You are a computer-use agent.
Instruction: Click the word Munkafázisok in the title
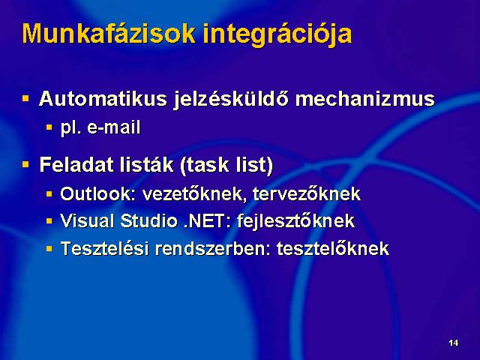click(x=109, y=33)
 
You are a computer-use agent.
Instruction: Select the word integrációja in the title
click(x=277, y=35)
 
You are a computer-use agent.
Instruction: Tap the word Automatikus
click(x=103, y=98)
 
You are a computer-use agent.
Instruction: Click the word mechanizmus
click(x=365, y=98)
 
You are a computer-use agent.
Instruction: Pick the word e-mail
click(x=114, y=127)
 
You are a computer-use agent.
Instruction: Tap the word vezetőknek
click(x=195, y=193)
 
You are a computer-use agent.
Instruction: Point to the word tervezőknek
click(x=307, y=193)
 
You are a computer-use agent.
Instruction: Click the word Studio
click(x=148, y=220)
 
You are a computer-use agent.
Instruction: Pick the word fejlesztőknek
click(x=296, y=221)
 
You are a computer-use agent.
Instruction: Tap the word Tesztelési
click(x=105, y=248)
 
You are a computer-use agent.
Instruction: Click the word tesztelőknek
click(x=333, y=248)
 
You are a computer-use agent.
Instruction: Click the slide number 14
click(x=453, y=343)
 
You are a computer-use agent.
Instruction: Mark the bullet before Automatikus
click(x=25, y=98)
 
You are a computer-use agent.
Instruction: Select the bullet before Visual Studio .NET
click(x=49, y=220)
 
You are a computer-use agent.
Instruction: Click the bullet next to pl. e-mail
click(x=49, y=127)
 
